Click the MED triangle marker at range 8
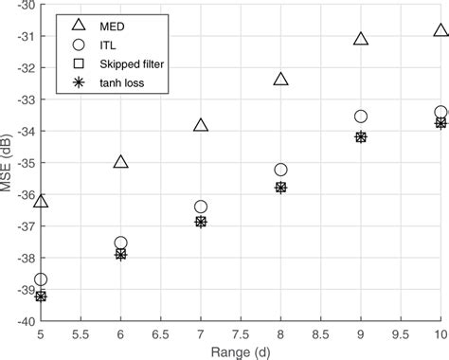pos(280,79)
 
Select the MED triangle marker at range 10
pos(440,30)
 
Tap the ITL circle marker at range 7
pos(201,207)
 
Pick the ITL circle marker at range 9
pos(361,117)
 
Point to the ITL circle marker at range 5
pos(41,279)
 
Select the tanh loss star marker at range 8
pos(280,188)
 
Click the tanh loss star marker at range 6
pos(120,254)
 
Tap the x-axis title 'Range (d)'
pos(241,351)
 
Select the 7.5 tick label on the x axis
pos(241,333)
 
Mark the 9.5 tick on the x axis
pos(401,333)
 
